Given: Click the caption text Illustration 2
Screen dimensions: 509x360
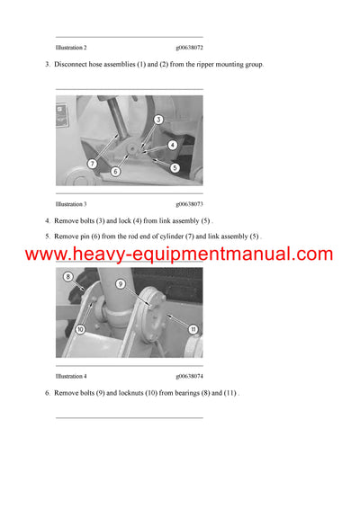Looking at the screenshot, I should tap(71, 46).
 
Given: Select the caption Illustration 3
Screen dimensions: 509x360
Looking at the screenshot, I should tap(71, 204).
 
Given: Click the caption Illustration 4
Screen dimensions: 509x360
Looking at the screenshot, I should tap(71, 375).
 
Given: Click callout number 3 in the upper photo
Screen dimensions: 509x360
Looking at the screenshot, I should tap(157, 120).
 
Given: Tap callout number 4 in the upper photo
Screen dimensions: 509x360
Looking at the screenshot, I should tap(172, 145).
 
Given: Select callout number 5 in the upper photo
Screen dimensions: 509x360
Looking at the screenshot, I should tap(175, 167).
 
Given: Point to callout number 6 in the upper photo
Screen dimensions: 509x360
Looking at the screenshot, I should tap(115, 171).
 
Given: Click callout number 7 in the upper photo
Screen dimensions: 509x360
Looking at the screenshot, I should tap(92, 163).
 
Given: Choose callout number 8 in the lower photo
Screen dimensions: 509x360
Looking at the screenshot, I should tap(67, 277).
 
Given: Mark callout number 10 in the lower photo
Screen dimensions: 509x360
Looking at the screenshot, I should tap(80, 329).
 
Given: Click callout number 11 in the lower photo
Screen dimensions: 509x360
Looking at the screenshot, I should tap(193, 329).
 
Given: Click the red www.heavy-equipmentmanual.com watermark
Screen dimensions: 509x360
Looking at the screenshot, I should tap(179, 254).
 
